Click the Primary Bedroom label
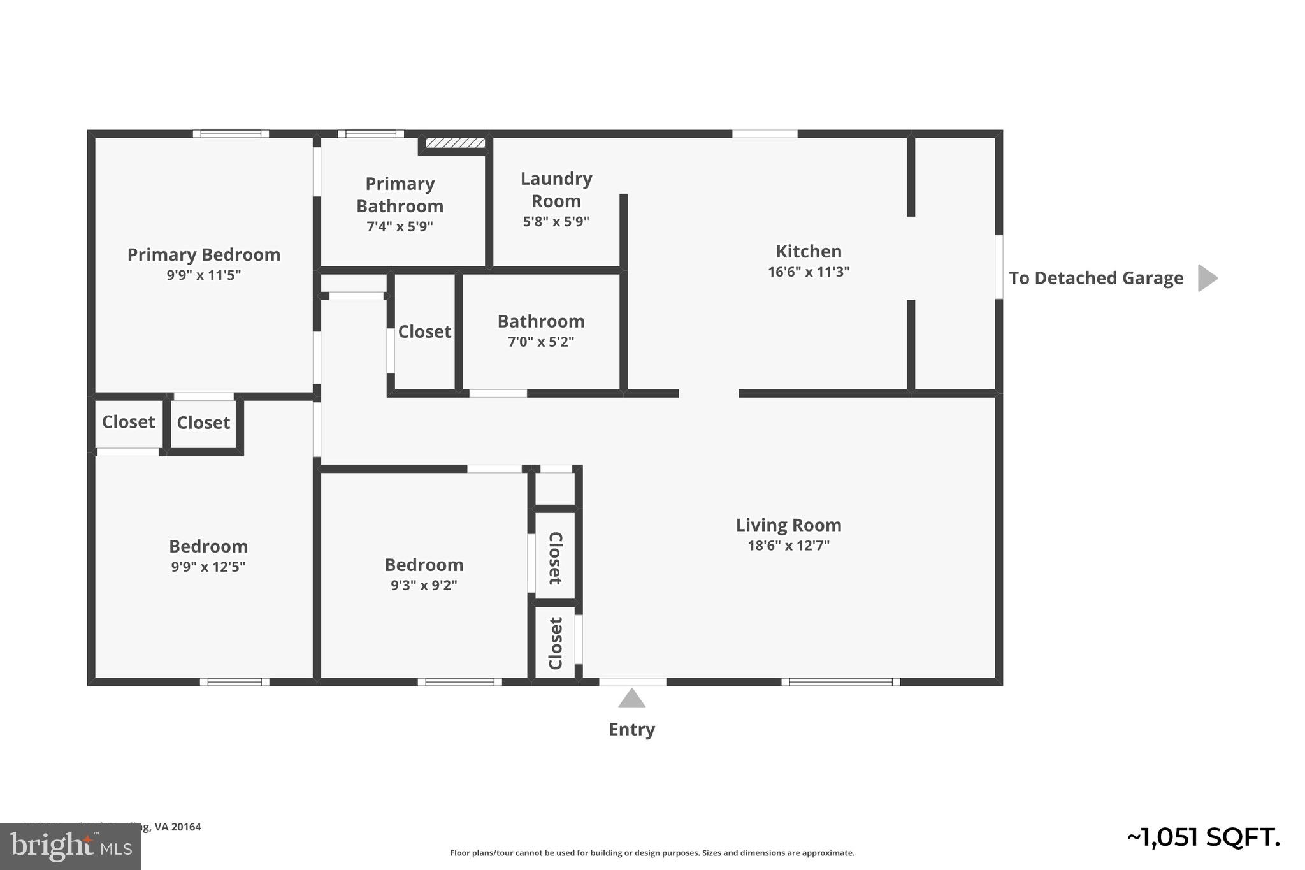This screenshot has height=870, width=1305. click(x=204, y=255)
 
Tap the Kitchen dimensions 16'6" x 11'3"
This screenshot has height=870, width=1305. click(x=809, y=272)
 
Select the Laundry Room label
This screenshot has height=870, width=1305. click(x=556, y=189)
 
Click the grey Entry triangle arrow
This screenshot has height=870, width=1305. click(x=631, y=699)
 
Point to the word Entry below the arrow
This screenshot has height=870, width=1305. click(x=631, y=729)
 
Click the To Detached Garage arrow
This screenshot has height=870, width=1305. click(x=1207, y=278)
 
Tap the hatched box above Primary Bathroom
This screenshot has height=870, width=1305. click(x=455, y=143)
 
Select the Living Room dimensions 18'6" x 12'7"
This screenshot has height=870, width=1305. click(x=788, y=546)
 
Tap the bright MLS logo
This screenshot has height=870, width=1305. click(x=71, y=846)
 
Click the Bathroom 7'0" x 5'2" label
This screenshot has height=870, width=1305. click(x=541, y=330)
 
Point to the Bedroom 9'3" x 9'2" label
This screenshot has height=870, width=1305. click(x=424, y=574)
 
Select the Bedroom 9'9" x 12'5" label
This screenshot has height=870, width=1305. click(x=208, y=555)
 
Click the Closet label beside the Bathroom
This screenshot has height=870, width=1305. click(x=424, y=331)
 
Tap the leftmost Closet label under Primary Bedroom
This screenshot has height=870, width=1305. click(x=128, y=422)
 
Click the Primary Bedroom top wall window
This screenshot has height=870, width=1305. click(x=231, y=134)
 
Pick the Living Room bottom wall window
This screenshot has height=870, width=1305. click(x=840, y=682)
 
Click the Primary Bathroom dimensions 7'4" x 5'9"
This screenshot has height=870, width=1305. click(x=400, y=226)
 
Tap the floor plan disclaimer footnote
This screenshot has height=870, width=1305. click(x=652, y=853)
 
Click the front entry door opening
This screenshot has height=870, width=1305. click(x=632, y=682)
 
